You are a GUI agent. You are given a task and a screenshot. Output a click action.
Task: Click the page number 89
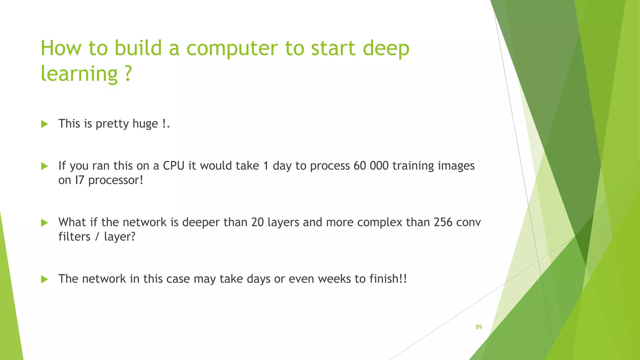coord(479,327)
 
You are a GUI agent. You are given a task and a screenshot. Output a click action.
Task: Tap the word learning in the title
coord(79,74)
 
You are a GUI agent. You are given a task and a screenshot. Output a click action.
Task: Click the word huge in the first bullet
coord(145,124)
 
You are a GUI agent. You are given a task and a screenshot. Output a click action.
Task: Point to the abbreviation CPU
coord(174,166)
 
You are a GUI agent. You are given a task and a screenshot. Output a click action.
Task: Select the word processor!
coord(116,180)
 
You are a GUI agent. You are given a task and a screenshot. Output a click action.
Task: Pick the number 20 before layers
coord(257,222)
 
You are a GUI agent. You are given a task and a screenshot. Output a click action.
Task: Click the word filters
coord(74,237)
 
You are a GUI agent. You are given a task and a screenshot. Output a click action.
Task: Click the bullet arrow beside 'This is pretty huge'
coord(45,124)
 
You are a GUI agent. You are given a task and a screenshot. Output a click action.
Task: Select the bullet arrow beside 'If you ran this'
coord(45,166)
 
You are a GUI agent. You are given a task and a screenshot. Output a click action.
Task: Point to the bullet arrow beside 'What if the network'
coord(45,223)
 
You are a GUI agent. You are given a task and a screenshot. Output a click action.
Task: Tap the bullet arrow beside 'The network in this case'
coord(45,279)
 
